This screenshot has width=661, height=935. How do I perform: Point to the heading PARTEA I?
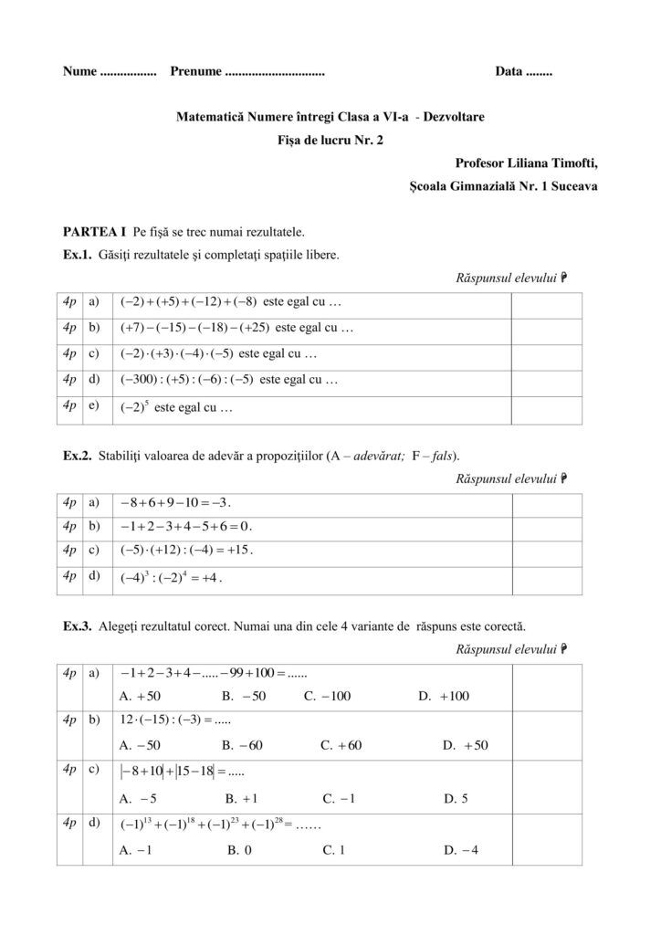point(94,232)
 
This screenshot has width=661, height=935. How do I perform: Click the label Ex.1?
point(77,255)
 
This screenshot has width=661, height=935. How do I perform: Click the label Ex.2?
point(77,455)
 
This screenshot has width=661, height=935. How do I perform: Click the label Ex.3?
point(77,627)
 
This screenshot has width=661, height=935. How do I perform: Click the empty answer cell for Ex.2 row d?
point(546,579)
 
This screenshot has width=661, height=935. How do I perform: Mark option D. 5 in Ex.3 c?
point(456,798)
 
